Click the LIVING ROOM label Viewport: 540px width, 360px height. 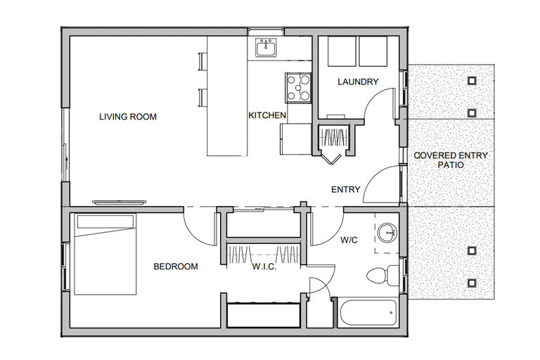[128, 117]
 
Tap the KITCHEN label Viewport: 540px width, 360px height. [267, 115]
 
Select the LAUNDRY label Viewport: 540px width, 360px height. [358, 82]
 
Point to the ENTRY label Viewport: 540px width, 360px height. [345, 189]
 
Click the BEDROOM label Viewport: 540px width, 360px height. [176, 266]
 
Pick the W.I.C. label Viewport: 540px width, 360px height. [264, 266]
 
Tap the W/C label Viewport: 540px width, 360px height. [349, 240]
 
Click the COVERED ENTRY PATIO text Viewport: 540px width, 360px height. [451, 160]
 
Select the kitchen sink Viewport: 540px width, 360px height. [266, 48]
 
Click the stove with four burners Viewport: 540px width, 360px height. [298, 88]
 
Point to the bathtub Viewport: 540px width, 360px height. [368, 312]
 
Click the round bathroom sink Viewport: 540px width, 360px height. [387, 233]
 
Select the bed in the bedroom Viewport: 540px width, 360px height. [105, 255]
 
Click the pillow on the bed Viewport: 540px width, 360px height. [105, 222]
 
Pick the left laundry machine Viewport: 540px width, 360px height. [342, 51]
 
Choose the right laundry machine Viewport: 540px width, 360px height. [373, 51]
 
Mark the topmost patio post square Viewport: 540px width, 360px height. [472, 81]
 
